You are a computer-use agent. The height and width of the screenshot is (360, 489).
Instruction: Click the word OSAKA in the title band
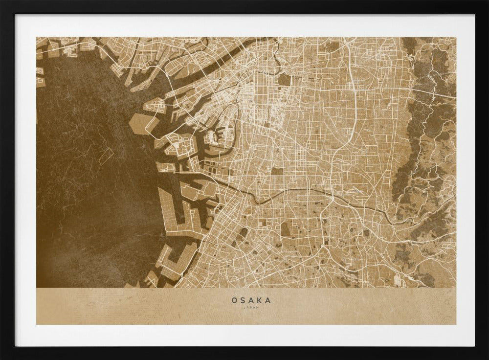251,300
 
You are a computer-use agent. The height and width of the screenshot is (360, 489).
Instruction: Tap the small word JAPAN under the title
251,308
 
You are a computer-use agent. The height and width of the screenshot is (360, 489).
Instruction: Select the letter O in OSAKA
234,300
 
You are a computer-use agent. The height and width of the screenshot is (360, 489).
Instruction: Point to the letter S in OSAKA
243,300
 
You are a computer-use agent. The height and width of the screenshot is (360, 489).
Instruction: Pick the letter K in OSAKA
259,300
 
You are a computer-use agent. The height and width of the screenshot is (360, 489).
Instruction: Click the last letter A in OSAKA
267,300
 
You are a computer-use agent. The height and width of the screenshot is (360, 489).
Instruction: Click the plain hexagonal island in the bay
141,123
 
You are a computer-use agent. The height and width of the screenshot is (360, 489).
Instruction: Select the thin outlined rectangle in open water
106,156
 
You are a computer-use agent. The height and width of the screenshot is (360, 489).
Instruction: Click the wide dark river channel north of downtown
235,54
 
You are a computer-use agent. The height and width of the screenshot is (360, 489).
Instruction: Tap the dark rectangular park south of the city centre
277,172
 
